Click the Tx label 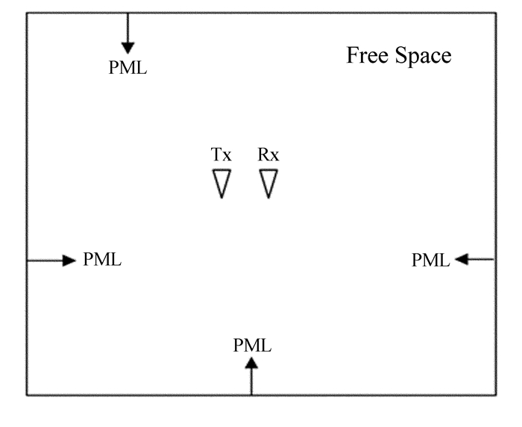(221, 155)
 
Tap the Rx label (268, 155)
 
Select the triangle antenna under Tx (221, 181)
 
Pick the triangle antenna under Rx (268, 181)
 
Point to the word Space (424, 57)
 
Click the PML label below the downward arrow (128, 68)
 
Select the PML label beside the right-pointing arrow (102, 260)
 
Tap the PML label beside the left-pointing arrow (430, 260)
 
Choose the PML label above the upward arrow (252, 346)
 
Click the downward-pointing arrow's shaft (128, 27)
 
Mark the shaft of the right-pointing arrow (45, 260)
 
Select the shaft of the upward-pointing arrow (252, 381)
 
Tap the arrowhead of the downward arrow (128, 47)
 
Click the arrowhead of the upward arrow (252, 364)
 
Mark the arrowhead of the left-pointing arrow (461, 259)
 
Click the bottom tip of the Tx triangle (221, 197)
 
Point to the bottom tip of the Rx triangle (268, 197)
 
